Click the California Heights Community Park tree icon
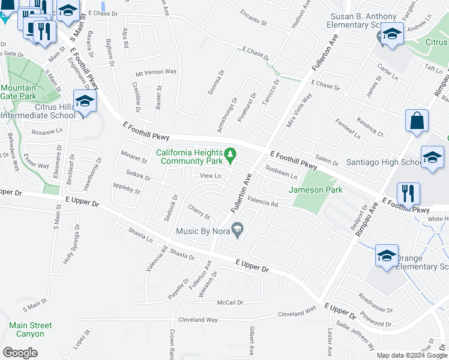[x=230, y=157]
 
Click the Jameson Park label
[x=316, y=190]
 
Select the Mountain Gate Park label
[x=19, y=92]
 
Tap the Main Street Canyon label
[x=31, y=329]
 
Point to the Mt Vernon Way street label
[x=156, y=72]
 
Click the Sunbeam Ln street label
[x=282, y=173]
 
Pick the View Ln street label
[x=211, y=176]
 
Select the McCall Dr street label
[x=230, y=302]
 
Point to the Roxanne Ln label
[x=47, y=131]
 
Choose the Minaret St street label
[x=133, y=160]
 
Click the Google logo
[x=20, y=353]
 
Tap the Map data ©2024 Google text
[x=412, y=355]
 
